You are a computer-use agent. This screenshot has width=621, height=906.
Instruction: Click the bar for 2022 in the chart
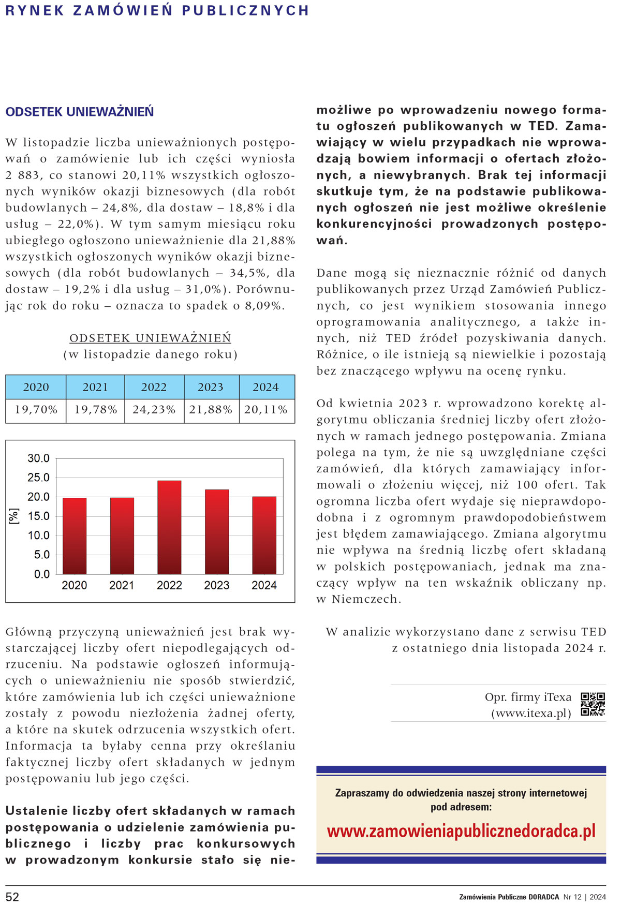[x=169, y=527]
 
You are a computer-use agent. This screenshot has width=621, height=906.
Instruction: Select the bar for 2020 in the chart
[x=75, y=536]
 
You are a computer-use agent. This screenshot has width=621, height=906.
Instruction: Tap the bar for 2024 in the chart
[x=264, y=535]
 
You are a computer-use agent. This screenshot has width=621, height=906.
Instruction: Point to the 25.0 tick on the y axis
[x=38, y=478]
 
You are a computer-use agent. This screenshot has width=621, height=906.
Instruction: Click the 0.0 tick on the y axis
[x=41, y=574]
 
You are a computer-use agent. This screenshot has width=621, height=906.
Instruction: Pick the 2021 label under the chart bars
[x=122, y=585]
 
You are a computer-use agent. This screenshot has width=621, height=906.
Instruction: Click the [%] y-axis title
[x=14, y=516]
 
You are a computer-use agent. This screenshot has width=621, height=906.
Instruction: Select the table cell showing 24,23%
[x=154, y=410]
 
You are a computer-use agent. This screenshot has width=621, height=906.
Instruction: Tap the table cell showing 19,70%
[x=36, y=410]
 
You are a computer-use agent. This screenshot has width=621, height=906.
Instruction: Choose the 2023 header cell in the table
[x=211, y=387]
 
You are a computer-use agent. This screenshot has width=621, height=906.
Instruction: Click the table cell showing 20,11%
[x=266, y=410]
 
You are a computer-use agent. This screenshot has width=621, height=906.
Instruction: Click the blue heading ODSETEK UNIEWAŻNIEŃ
[x=80, y=112]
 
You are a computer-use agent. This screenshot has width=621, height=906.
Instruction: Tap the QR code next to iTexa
[x=593, y=704]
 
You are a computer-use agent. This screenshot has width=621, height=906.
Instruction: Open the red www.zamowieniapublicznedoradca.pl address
[x=461, y=831]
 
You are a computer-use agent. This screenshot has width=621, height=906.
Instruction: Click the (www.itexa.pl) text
[x=531, y=713]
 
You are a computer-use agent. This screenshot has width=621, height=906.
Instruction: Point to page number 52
[x=12, y=897]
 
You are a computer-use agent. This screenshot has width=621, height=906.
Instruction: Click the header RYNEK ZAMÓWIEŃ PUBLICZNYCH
[x=157, y=10]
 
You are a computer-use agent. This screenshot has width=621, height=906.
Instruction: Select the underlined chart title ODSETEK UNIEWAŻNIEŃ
[x=150, y=338]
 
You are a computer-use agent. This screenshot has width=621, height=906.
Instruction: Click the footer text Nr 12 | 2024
[x=584, y=897]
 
